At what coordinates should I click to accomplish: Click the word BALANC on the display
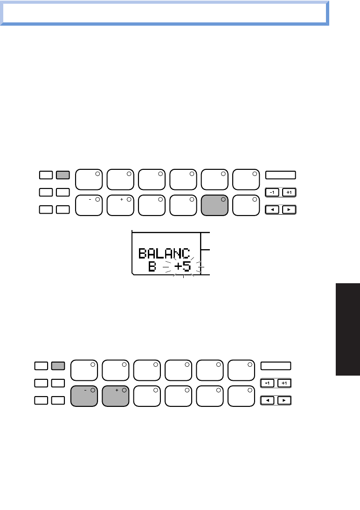click(x=164, y=254)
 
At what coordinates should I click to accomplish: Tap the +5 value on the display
click(x=183, y=267)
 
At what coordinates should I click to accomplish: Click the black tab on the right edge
click(x=347, y=328)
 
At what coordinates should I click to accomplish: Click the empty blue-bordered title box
click(x=164, y=14)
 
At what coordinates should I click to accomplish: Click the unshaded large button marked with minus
click(x=89, y=204)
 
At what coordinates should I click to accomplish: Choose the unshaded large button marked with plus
click(x=120, y=204)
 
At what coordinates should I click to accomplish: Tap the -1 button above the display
click(x=272, y=192)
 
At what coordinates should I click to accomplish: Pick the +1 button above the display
click(x=289, y=192)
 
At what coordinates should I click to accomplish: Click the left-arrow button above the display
click(x=272, y=210)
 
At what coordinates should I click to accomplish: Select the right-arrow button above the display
click(x=289, y=210)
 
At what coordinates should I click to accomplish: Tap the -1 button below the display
click(x=268, y=384)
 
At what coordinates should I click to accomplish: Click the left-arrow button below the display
click(x=268, y=401)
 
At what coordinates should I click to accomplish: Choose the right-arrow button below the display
click(x=284, y=401)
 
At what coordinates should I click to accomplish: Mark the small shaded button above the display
click(x=62, y=175)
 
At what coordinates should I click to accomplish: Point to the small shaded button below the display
click(x=58, y=366)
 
